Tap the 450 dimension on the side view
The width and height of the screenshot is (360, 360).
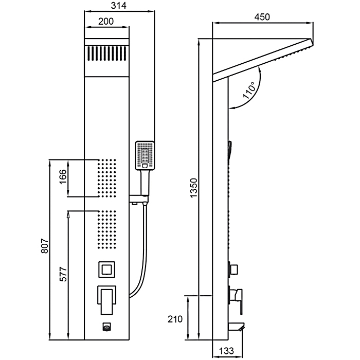tap(262, 16)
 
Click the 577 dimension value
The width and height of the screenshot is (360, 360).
tap(63, 275)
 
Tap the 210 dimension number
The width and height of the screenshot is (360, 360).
tap(175, 319)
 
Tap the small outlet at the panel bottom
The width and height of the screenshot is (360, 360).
tap(107, 327)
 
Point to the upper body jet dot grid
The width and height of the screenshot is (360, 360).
tap(107, 178)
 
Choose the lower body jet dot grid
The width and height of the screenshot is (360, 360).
tap(107, 229)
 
